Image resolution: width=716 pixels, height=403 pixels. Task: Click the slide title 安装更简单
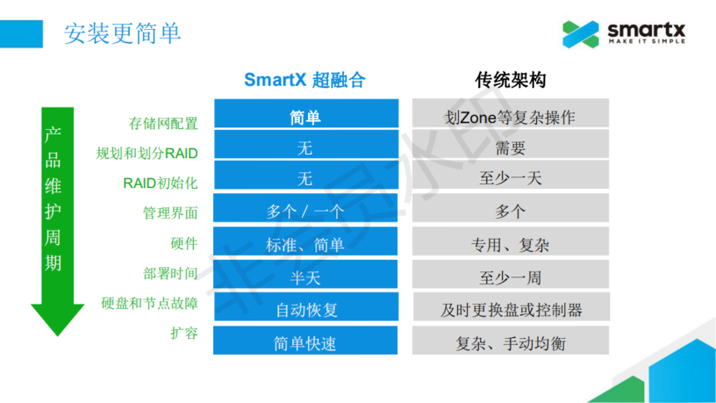[122, 33]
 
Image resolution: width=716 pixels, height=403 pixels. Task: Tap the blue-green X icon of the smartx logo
[580, 34]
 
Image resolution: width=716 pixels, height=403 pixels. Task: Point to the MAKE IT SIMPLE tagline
[647, 41]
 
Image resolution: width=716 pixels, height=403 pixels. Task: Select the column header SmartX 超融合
[305, 80]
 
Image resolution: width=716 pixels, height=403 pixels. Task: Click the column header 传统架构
[510, 80]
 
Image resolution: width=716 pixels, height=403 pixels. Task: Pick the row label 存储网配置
[163, 123]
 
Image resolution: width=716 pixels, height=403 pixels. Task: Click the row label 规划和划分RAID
[147, 153]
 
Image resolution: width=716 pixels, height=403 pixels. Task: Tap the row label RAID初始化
[161, 183]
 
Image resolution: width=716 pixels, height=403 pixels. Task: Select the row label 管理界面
[171, 213]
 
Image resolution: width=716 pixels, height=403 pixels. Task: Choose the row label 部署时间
[171, 273]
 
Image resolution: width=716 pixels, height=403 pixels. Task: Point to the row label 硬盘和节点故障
[149, 303]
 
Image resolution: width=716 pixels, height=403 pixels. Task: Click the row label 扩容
[184, 332]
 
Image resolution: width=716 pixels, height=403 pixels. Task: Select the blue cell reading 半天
[306, 274]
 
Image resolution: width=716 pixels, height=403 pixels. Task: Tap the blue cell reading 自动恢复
[306, 306]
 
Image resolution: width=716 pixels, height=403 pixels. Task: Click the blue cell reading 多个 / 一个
[306, 208]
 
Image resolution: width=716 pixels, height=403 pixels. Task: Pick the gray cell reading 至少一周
[510, 274]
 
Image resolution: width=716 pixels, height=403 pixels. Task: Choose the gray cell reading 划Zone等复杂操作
[510, 113]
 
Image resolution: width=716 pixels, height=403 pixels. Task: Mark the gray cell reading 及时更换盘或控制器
[511, 306]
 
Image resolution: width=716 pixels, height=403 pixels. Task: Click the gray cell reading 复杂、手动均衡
[510, 340]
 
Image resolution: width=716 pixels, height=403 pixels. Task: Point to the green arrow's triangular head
[57, 317]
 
